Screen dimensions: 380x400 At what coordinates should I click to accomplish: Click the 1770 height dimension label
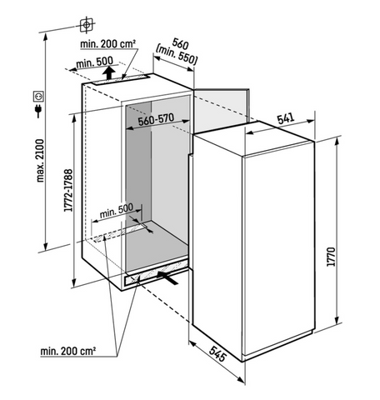332,257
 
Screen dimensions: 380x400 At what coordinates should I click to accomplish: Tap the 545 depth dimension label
217,353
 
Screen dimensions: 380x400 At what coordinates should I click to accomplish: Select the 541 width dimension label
286,118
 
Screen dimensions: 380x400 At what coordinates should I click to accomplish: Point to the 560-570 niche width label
156,119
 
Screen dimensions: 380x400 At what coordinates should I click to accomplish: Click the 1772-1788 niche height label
68,191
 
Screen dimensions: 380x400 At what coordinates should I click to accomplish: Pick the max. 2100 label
40,161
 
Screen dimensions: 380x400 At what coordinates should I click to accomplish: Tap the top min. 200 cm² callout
107,44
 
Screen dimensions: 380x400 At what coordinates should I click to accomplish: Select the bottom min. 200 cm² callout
68,351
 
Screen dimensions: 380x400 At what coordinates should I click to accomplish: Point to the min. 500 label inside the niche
116,211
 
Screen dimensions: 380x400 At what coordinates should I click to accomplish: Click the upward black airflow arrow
108,72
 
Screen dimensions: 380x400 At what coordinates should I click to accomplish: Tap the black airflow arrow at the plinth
167,277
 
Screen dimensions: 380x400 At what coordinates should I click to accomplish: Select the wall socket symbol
37,97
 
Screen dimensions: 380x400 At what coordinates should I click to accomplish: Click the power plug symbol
38,111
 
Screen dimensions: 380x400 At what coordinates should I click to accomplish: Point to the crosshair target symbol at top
87,25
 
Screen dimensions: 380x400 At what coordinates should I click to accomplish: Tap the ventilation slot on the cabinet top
120,79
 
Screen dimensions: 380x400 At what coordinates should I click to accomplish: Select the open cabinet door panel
221,110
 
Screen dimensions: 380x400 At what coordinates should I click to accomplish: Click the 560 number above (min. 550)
180,44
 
